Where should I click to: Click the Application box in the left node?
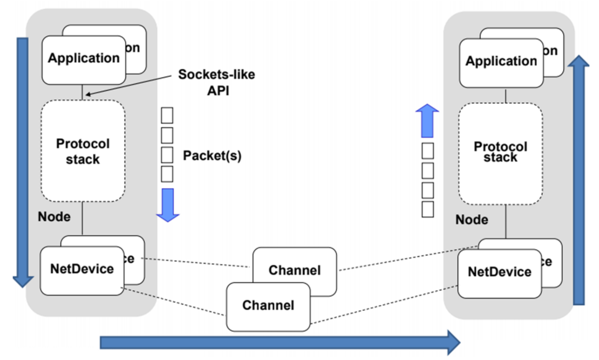click(x=84, y=58)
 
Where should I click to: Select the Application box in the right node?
click(x=501, y=61)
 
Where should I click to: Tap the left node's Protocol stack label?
click(x=83, y=151)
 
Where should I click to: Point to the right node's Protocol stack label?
click(x=500, y=152)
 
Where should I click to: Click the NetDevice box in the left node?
click(x=82, y=269)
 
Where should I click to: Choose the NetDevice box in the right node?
click(x=500, y=272)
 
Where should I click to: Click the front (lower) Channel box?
click(x=268, y=306)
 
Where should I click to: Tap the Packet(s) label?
click(x=212, y=156)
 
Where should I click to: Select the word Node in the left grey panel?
click(x=54, y=217)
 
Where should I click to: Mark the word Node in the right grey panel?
click(x=472, y=220)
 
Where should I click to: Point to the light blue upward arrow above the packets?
click(x=427, y=121)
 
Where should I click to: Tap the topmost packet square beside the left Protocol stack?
click(x=167, y=115)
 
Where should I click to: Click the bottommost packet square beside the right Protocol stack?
click(x=428, y=209)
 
